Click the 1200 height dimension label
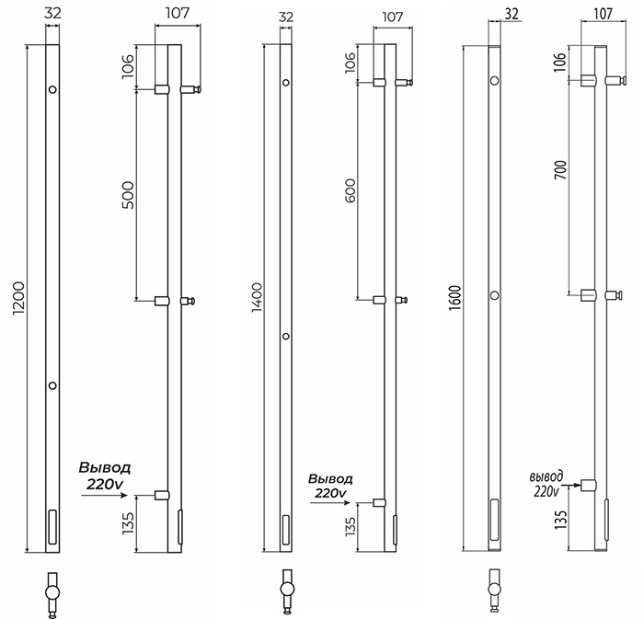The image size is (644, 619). tap(19, 298)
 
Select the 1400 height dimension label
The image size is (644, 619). tap(257, 298)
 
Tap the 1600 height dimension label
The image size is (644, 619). tap(455, 298)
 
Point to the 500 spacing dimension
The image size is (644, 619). tap(128, 195)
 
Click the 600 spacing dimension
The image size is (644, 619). tap(351, 190)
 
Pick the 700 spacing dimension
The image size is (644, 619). tap(560, 170)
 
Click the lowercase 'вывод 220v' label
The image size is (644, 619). tap(546, 484)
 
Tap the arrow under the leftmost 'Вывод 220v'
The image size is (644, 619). tap(104, 496)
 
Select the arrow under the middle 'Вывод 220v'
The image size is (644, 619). tap(329, 503)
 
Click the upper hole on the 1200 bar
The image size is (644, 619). tap(52, 89)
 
